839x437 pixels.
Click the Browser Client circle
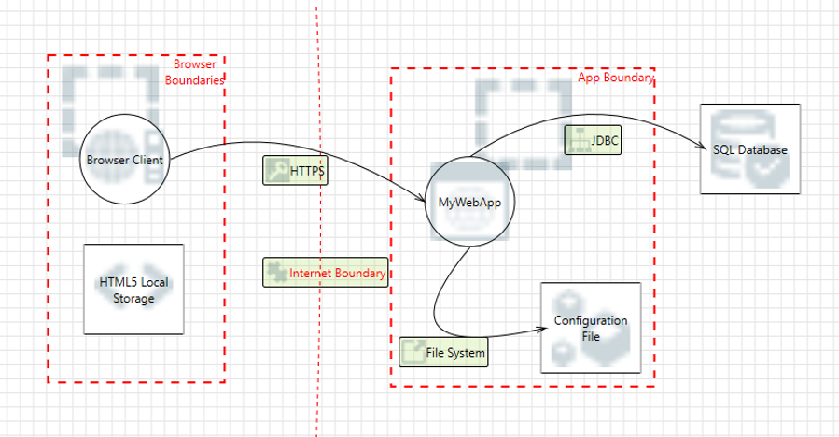pyautogui.click(x=124, y=160)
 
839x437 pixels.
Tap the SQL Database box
pyautogui.click(x=749, y=149)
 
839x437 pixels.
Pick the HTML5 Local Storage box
pyautogui.click(x=133, y=289)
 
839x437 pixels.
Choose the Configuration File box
pyautogui.click(x=591, y=327)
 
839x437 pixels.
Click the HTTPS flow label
pyautogui.click(x=307, y=171)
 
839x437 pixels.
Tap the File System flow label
pyautogui.click(x=454, y=352)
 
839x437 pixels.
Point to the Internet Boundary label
pyautogui.click(x=337, y=273)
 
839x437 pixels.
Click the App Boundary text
pyautogui.click(x=616, y=78)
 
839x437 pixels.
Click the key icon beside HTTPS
pyautogui.click(x=276, y=170)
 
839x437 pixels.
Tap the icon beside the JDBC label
pyautogui.click(x=577, y=140)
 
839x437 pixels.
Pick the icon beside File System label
pyautogui.click(x=412, y=352)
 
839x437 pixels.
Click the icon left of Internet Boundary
pyautogui.click(x=275, y=272)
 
